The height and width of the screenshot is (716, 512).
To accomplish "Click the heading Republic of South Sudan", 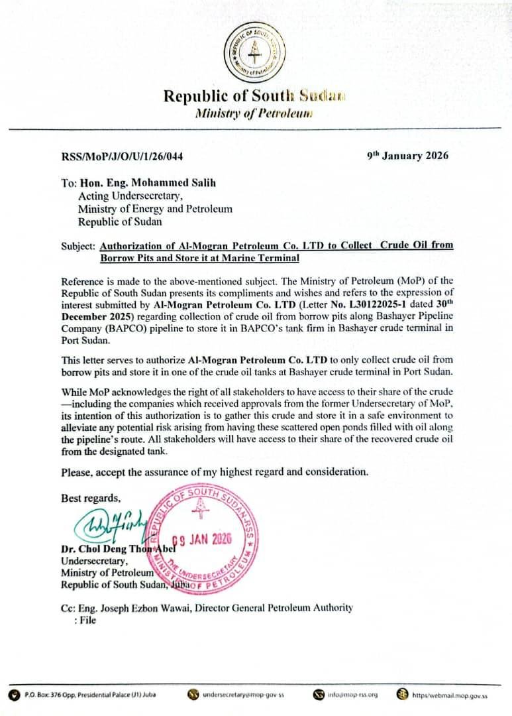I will [x=254, y=95].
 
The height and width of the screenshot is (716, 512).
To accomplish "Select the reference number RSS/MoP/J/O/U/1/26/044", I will [x=122, y=156].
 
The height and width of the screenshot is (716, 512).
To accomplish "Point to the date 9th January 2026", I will [x=407, y=156].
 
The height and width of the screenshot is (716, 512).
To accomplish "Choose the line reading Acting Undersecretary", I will [x=130, y=196].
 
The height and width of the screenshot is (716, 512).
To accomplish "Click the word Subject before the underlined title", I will [x=78, y=245].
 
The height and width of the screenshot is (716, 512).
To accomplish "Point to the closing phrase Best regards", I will [x=91, y=498].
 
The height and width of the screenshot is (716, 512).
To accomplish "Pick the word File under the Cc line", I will [x=87, y=620].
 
